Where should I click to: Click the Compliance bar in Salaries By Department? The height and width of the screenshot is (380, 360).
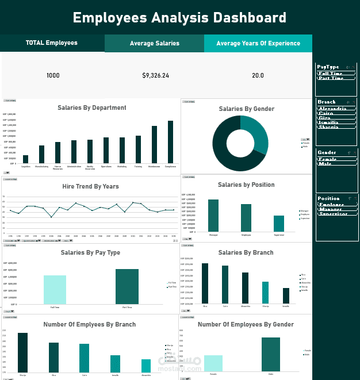coord(170,142)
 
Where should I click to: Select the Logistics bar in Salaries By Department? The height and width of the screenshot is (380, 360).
coord(25,159)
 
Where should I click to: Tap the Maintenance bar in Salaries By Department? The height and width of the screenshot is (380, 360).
coord(154,144)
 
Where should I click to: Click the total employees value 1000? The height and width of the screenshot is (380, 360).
coord(53,75)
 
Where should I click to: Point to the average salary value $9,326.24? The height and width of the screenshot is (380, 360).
coord(155,75)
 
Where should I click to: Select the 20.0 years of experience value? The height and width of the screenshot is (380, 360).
coord(258,75)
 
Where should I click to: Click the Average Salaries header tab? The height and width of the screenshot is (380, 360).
coord(154,43)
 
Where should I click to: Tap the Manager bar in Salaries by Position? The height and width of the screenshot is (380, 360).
coord(213,216)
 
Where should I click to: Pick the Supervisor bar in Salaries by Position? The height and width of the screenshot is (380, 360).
coord(279,224)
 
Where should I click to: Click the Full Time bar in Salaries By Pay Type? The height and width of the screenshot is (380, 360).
coord(55,290)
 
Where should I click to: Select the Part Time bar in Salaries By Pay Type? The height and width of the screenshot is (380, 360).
coord(127,286)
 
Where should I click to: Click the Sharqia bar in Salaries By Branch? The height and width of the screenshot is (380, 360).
coord(265,293)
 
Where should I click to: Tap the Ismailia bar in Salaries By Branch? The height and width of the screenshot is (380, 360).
coord(286,296)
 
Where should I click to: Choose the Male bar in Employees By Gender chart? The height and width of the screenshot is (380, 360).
coord(271,354)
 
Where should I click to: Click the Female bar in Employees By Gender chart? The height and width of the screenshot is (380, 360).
coord(213,363)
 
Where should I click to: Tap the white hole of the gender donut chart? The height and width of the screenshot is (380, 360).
coord(240,143)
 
